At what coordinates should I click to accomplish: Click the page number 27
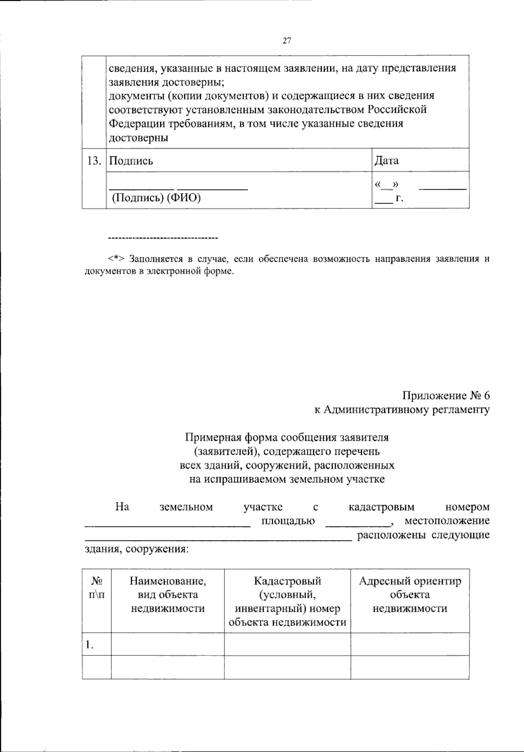point(286,41)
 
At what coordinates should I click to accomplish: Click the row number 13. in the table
point(94,161)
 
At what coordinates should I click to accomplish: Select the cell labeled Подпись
point(131,161)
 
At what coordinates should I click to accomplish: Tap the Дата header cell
point(387,161)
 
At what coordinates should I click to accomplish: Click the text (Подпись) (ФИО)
point(156,198)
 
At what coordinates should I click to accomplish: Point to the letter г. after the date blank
point(399,199)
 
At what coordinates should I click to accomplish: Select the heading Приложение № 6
point(446,395)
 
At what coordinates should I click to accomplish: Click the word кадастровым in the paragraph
point(382,507)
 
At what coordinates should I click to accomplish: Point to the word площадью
point(288,521)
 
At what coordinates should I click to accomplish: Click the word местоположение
point(447,521)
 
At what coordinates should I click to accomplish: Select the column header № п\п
point(97,588)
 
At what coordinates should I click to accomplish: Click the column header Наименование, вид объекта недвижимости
point(168,595)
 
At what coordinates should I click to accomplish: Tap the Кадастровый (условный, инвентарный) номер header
point(287,602)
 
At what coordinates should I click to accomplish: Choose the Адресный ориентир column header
point(410,595)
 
